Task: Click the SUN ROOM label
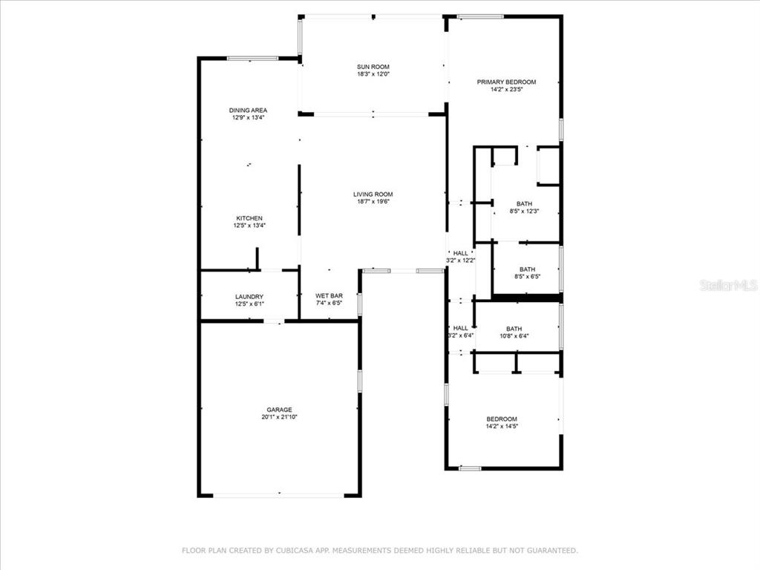coord(373,67)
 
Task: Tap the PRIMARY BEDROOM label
coord(506,82)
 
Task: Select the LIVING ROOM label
coord(373,194)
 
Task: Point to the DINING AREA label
coord(248,111)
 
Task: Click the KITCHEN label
coord(249,219)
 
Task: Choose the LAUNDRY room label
coord(249,297)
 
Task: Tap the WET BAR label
coord(329,295)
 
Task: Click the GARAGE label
coord(280,410)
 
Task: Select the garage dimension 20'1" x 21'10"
coord(280,417)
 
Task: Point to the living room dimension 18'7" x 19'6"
coord(373,202)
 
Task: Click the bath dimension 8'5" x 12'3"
coord(525,212)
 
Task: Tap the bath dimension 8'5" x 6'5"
coord(528,277)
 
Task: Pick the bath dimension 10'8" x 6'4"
coord(514,336)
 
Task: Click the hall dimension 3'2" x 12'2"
coord(460,261)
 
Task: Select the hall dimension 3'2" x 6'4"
coord(460,335)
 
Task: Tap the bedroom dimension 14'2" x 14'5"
coord(502,427)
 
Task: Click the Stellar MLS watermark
coord(729,285)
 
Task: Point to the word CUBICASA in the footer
coord(297,551)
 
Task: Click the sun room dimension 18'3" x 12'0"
coord(373,74)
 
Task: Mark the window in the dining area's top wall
coord(252,59)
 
